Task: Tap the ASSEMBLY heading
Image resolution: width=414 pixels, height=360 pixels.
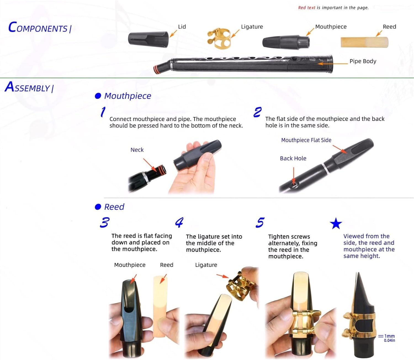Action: (29, 87)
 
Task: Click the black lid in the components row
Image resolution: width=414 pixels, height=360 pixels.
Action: (148, 38)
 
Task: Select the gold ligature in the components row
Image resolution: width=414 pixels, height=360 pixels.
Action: (219, 39)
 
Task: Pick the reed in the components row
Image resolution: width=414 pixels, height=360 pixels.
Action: (364, 42)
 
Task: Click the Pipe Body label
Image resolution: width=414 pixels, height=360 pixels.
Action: (363, 61)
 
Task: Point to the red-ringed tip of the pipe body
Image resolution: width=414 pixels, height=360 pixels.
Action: (157, 69)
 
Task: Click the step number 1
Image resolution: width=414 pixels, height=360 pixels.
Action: (103, 112)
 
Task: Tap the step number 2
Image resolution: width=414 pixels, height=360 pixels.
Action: (257, 112)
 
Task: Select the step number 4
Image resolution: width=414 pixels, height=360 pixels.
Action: (179, 222)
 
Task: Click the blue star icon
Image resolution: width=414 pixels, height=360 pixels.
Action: (336, 223)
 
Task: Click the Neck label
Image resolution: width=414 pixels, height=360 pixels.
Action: (137, 150)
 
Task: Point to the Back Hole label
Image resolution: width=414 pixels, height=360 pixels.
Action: (293, 158)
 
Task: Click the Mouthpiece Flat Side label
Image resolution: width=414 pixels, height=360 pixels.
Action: (306, 140)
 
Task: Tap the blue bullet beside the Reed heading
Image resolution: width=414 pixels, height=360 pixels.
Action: (98, 207)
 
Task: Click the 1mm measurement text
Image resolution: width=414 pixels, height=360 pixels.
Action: (389, 336)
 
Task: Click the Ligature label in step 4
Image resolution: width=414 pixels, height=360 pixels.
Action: (206, 265)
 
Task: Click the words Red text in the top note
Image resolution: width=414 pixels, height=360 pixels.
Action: (306, 8)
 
